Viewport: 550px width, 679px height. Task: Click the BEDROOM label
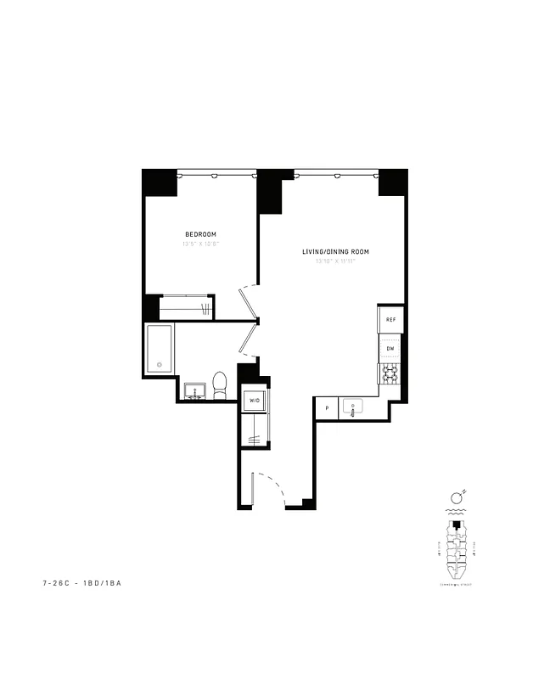pos(201,234)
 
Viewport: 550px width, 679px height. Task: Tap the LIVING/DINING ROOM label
pos(335,252)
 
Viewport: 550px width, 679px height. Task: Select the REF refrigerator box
pos(390,319)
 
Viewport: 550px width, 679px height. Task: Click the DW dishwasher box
pos(390,348)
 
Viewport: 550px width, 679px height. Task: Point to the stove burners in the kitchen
pos(390,374)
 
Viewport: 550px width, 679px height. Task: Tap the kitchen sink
pos(352,408)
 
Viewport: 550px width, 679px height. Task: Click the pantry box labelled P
pos(327,408)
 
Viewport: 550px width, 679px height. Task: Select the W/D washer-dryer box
pos(254,399)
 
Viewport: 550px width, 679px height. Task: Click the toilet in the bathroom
pos(220,384)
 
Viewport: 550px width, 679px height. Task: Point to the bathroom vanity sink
pos(196,391)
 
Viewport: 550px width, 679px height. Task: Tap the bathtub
pos(160,348)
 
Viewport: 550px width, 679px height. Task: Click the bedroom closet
pos(188,307)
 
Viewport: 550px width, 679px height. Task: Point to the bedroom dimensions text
pos(201,244)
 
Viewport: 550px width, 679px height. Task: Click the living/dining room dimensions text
pos(335,261)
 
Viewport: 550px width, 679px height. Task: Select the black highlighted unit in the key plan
pos(457,526)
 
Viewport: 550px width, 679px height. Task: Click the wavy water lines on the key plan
pos(456,513)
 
